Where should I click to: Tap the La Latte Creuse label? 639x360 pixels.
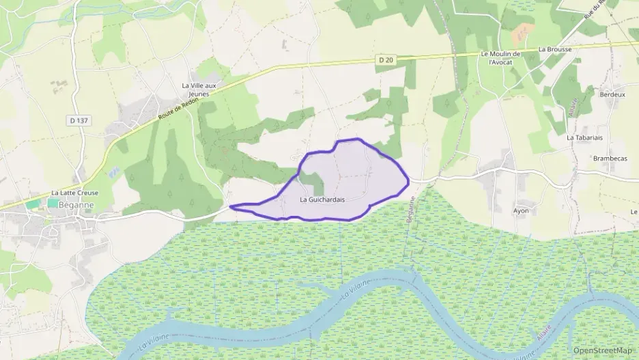(75, 193)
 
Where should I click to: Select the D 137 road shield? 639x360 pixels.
(79, 120)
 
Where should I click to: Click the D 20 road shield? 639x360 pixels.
(386, 60)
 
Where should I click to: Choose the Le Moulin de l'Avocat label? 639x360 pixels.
(500, 57)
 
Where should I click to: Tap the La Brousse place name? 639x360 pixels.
(554, 49)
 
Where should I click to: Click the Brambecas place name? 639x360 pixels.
(610, 158)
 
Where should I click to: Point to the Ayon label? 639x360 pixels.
(521, 211)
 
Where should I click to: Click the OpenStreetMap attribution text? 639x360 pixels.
(603, 350)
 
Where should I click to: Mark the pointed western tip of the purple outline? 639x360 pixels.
(231, 206)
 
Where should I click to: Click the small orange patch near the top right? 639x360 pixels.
(524, 31)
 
